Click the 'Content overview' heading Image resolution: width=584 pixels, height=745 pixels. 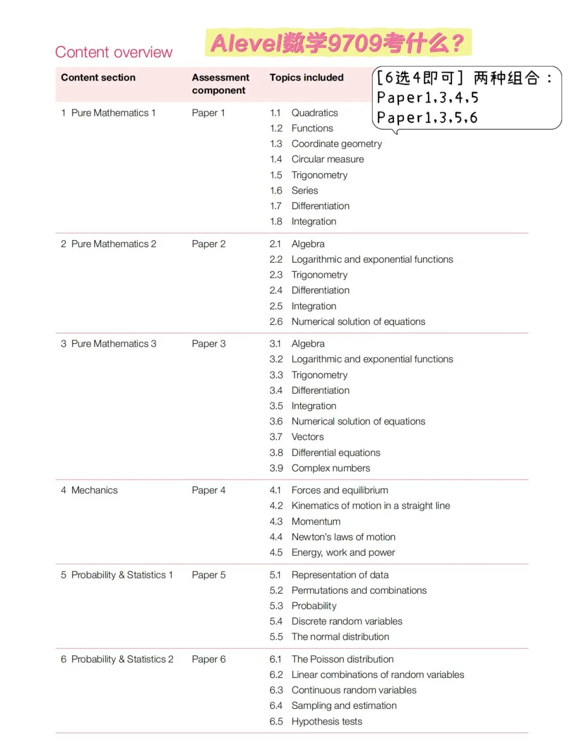click(114, 52)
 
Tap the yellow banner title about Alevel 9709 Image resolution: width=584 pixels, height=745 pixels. click(337, 43)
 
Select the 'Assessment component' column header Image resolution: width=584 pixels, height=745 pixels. click(220, 84)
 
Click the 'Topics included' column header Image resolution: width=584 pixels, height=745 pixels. click(306, 77)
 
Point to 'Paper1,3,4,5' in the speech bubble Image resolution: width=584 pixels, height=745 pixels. click(427, 98)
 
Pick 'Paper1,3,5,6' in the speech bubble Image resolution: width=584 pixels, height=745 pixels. click(427, 118)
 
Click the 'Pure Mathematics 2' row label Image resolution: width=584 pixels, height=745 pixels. click(113, 244)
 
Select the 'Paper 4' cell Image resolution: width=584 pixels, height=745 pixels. click(208, 490)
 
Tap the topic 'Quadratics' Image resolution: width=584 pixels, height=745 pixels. click(314, 112)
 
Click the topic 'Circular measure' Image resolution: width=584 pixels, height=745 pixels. click(327, 159)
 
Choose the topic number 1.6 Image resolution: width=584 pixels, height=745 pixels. click(276, 190)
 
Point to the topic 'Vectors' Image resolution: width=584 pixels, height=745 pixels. click(307, 437)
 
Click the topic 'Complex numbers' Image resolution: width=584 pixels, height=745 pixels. click(330, 468)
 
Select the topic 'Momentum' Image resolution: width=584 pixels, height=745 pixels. click(316, 521)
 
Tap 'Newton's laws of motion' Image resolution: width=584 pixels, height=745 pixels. click(343, 537)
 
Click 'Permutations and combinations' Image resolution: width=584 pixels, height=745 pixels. click(359, 590)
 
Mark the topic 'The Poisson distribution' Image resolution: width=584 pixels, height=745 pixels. click(342, 659)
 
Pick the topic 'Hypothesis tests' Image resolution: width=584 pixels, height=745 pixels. click(327, 721)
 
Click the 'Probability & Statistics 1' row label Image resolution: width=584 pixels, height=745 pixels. click(122, 575)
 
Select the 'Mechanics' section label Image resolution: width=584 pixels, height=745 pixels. click(94, 490)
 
